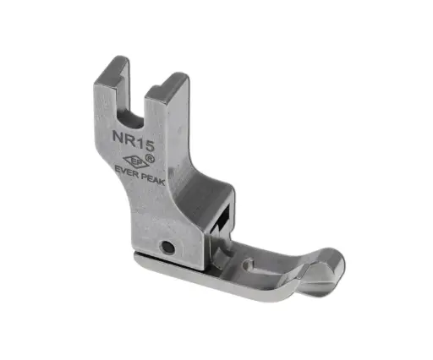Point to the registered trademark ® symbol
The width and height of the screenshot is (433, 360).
(150, 155)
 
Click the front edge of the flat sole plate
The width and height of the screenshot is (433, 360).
(237, 292)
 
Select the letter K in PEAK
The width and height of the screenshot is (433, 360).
(162, 181)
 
